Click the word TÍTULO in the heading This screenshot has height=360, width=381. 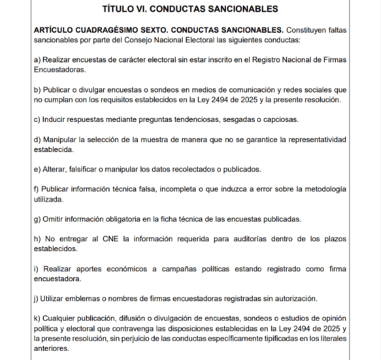click(x=118, y=9)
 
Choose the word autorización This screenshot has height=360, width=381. click(x=295, y=298)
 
